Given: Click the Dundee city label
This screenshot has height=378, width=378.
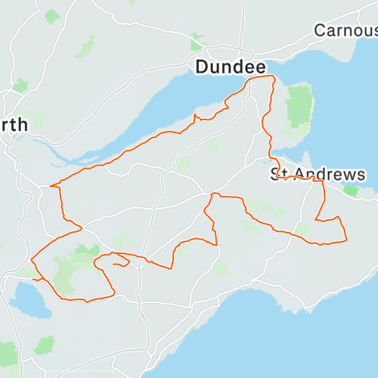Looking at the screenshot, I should tap(226, 67).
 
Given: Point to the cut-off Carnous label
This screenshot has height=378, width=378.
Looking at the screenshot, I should tap(345, 31).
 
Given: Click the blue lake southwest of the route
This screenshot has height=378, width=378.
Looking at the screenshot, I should tap(29, 300).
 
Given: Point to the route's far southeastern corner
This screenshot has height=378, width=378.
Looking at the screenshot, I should tap(345, 241).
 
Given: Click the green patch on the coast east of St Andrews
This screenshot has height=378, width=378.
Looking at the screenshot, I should tap(351, 191).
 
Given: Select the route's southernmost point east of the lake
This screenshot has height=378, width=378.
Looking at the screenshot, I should tap(87, 302).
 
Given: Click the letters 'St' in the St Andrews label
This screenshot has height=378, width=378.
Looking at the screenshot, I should tap(280, 175).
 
